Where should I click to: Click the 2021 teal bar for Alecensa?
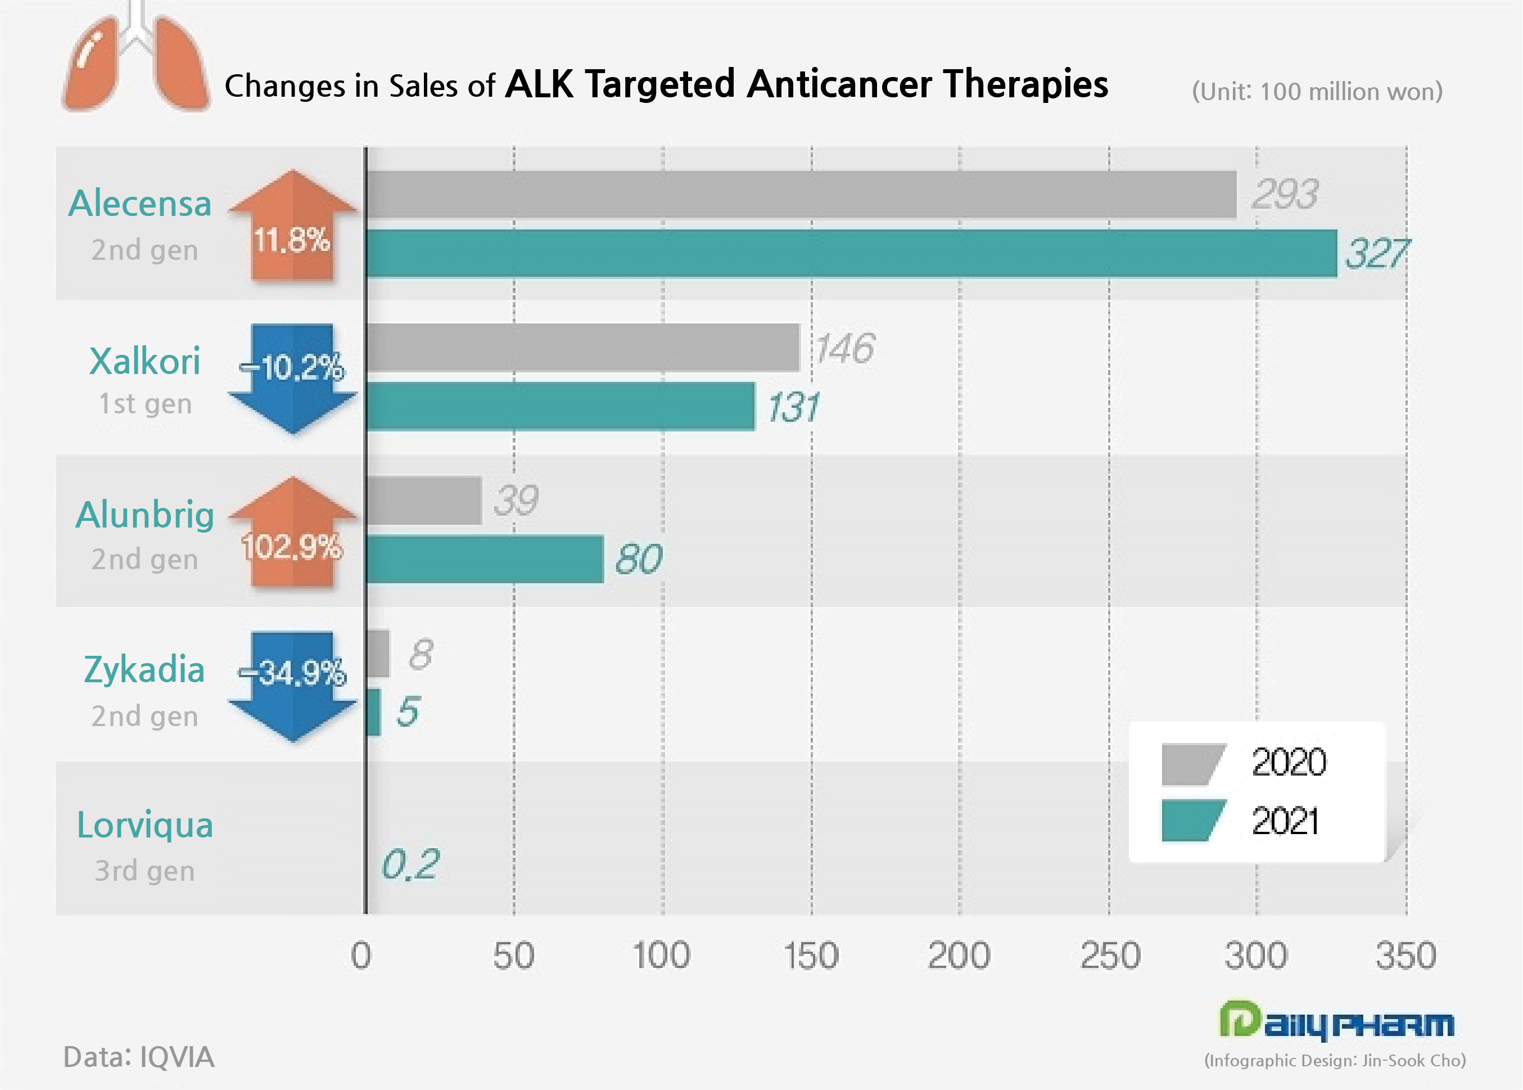851,253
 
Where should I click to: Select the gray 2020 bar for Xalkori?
582,347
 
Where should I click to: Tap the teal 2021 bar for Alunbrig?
485,559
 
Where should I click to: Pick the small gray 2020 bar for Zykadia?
378,653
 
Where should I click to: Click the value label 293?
1284,195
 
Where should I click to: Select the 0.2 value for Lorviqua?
410,864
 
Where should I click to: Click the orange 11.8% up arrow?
292,228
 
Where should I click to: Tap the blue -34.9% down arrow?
292,684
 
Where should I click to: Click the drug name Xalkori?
144,361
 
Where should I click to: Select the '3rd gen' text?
144,871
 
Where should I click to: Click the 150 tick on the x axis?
811,955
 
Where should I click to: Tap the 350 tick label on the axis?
1406,955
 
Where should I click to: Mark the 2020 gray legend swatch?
1193,763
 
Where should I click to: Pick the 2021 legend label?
1284,821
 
